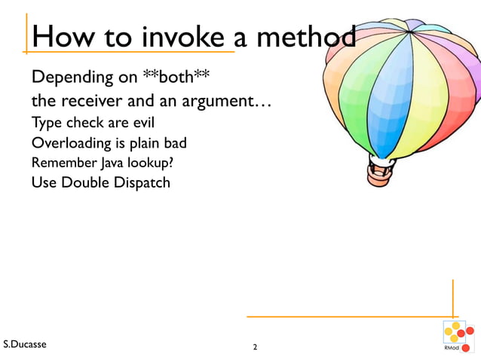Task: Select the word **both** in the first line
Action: (171, 78)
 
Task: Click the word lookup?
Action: (145, 162)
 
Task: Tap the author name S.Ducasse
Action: (24, 345)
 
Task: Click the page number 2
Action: (255, 348)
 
